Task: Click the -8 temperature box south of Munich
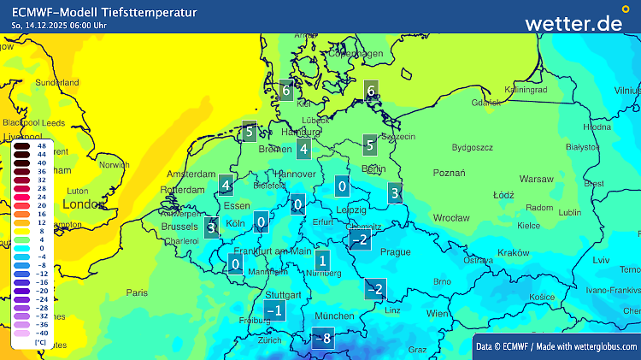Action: tap(322, 339)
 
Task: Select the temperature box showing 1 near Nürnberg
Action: tap(321, 260)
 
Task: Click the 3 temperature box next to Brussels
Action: tap(211, 227)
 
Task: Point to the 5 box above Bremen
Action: tap(249, 132)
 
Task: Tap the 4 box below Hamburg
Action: tap(303, 149)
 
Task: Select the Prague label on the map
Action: tap(395, 252)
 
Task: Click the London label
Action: tap(83, 204)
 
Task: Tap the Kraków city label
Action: tap(514, 253)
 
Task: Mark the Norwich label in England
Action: tap(114, 165)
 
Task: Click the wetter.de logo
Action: tap(573, 23)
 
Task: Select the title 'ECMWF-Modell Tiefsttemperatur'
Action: tap(104, 12)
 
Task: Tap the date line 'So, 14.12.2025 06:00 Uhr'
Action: tap(59, 26)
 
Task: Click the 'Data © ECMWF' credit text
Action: tap(504, 345)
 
